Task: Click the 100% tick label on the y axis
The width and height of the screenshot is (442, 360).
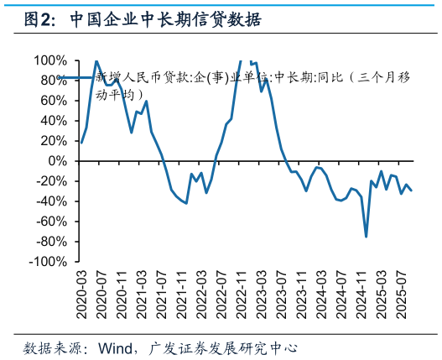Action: click(51, 60)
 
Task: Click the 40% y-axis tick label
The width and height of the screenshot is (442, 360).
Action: click(55, 121)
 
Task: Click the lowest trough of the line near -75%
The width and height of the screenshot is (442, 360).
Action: click(367, 236)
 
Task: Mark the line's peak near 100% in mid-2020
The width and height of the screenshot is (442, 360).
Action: click(96, 61)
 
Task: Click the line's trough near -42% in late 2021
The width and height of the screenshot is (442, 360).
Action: click(186, 203)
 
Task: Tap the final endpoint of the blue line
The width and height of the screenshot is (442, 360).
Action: click(411, 190)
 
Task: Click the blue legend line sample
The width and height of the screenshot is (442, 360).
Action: click(75, 78)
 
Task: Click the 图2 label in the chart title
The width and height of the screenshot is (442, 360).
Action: click(39, 19)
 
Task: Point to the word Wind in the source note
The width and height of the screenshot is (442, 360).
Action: click(115, 347)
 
